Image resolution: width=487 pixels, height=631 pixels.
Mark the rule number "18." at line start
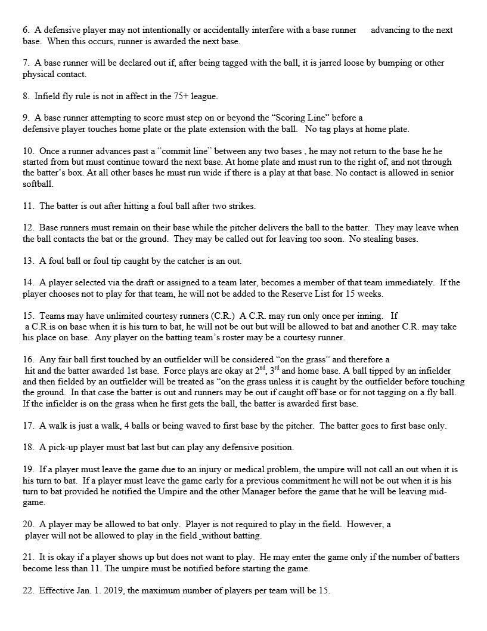pos(29,447)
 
